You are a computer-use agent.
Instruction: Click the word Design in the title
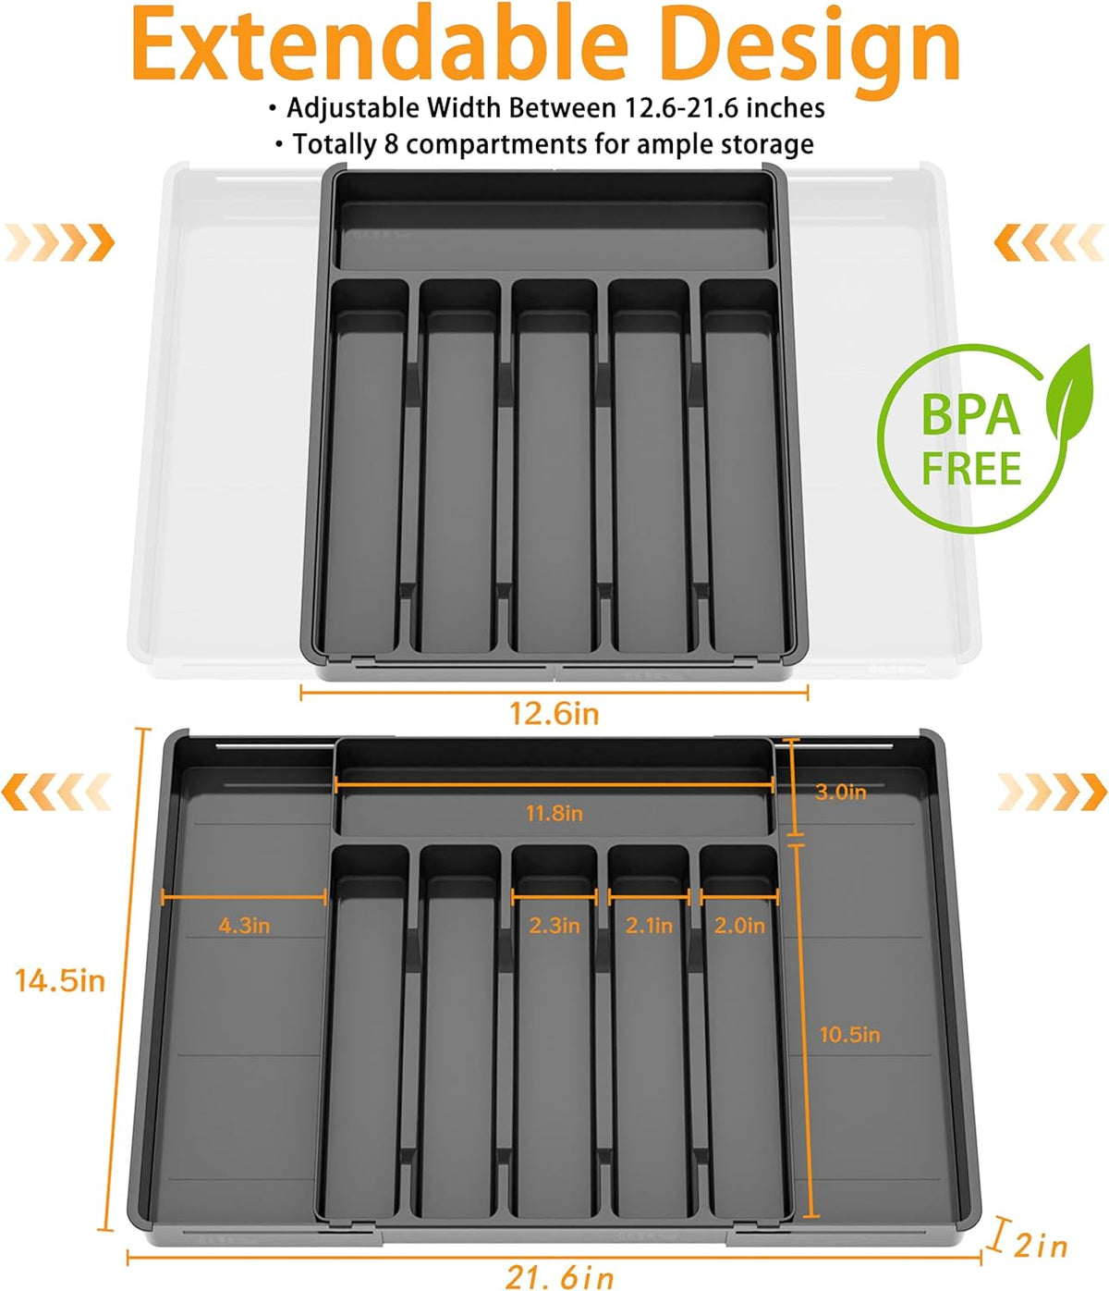point(812,51)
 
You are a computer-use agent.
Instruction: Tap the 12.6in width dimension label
point(554,714)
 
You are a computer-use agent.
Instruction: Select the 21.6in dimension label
point(559,1276)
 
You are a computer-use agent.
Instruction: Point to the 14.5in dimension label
point(60,980)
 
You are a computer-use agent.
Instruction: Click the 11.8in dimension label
point(554,813)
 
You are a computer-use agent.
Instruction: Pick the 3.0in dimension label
point(841,792)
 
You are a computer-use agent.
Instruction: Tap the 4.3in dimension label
point(244,926)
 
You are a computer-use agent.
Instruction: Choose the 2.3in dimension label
point(554,926)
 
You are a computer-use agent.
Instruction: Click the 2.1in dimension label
point(649,926)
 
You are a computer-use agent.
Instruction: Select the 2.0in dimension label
point(739,926)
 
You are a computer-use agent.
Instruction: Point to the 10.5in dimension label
point(849,1035)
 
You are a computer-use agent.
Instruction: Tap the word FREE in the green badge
point(971,469)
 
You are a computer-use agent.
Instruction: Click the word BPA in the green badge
point(971,415)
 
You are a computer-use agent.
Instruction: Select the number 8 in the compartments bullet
point(391,145)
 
